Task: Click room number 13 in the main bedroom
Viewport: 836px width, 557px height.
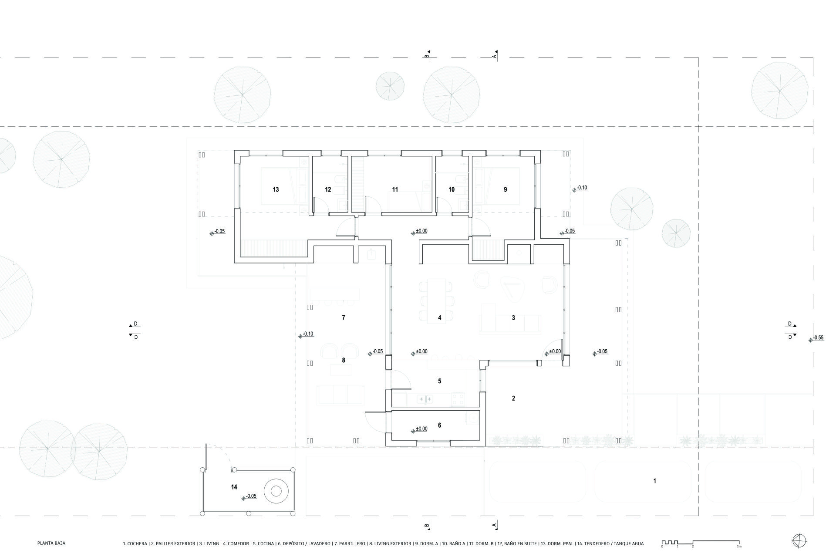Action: click(276, 189)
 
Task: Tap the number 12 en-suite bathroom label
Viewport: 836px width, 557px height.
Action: click(328, 189)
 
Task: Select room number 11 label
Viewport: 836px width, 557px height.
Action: click(395, 189)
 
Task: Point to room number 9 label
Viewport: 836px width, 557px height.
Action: click(505, 189)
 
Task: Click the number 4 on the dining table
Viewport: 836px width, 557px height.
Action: click(439, 318)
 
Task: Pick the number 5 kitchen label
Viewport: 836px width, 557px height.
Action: click(439, 381)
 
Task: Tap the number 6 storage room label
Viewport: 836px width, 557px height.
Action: click(439, 425)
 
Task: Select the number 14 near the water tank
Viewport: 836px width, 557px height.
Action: click(234, 487)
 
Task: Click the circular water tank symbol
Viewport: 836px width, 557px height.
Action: click(276, 491)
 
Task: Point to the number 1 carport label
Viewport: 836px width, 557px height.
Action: click(654, 481)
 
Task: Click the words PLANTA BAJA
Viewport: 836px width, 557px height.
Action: click(51, 543)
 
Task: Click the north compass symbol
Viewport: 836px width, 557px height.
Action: click(799, 540)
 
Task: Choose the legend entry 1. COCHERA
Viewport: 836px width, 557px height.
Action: click(135, 543)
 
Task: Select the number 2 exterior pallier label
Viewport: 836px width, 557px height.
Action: click(513, 398)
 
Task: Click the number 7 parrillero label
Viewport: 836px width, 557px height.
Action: click(344, 318)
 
